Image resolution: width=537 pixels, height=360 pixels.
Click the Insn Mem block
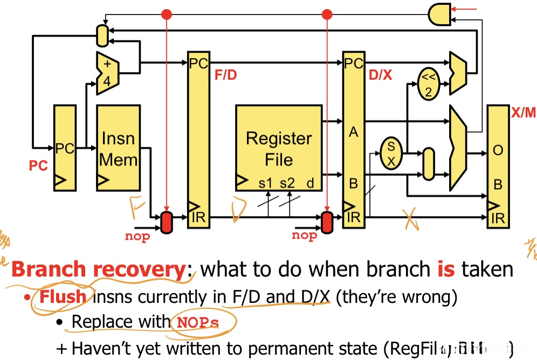point(118,148)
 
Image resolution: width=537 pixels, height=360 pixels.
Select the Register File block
point(278,148)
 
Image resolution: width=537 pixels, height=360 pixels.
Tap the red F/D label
point(226,75)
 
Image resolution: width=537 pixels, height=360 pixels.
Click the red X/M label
point(523,113)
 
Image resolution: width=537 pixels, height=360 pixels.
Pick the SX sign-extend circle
point(391,153)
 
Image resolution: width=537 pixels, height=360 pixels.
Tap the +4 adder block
point(107,73)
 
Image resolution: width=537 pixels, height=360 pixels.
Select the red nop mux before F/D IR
point(167,223)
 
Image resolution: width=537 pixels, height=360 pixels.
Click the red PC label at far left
point(38,165)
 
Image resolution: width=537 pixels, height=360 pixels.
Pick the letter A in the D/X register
point(353,132)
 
